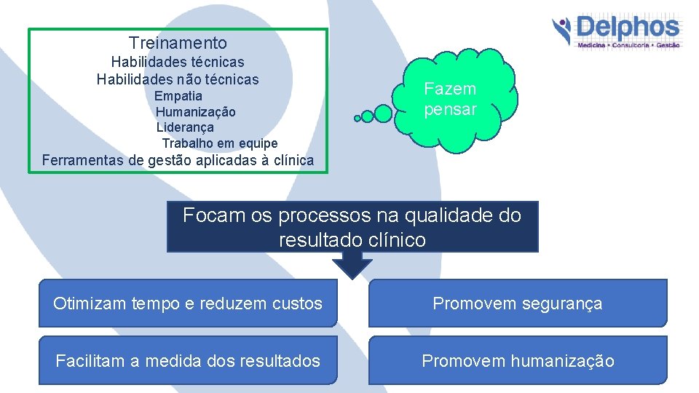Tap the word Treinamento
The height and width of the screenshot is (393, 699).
(x=178, y=44)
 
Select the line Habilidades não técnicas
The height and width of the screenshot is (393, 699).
(x=178, y=79)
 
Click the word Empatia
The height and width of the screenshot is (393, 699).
(x=178, y=96)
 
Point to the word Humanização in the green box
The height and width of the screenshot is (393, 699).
(x=195, y=112)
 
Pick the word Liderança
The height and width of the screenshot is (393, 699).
(x=185, y=127)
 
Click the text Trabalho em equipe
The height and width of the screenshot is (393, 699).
(x=219, y=143)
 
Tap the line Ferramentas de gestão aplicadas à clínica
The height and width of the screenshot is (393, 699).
(x=178, y=160)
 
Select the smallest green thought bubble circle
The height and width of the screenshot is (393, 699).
(x=357, y=118)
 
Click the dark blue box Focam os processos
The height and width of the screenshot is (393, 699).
(x=352, y=227)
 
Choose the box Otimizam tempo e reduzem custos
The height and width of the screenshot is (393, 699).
(x=188, y=303)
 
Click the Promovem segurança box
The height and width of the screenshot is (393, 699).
(x=518, y=303)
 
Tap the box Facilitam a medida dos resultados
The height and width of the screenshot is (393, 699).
(x=188, y=360)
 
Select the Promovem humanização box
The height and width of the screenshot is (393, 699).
(x=518, y=360)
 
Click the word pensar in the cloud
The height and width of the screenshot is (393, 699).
(x=450, y=110)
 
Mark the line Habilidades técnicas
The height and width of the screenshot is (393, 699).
(x=178, y=63)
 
